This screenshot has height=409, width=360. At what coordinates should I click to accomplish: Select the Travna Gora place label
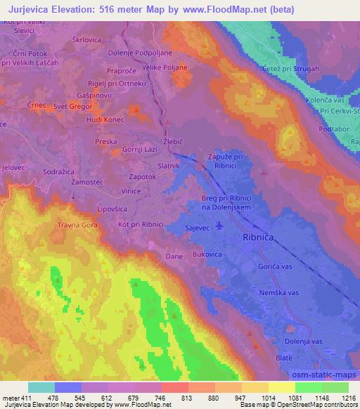(79, 226)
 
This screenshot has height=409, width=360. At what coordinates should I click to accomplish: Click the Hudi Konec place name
(85, 119)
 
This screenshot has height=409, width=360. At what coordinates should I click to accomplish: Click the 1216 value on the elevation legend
(347, 399)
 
